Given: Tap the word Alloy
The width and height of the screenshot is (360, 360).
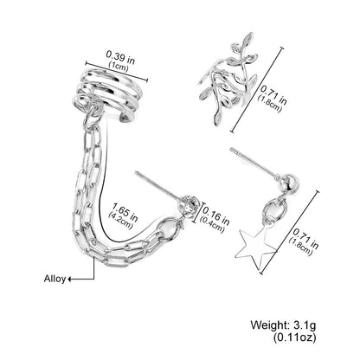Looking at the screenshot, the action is tap(55, 279).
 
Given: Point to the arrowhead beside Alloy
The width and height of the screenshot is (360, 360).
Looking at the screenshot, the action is tap(70, 279).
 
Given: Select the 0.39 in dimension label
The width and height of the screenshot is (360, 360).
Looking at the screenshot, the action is tap(120, 57).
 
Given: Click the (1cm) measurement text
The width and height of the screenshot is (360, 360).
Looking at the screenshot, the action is tap(119, 67).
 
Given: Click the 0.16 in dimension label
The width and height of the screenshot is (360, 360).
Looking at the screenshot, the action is tap(215, 215).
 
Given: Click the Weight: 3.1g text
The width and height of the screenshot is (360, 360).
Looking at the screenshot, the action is tap(283, 325).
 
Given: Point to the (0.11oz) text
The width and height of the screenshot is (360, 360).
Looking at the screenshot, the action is tap(294, 337).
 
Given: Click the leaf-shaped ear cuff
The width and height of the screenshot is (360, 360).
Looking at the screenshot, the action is tap(228, 80).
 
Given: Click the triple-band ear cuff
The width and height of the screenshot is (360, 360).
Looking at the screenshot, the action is tap(106, 93).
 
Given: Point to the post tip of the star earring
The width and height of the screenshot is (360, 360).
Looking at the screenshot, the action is tap(231, 149).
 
